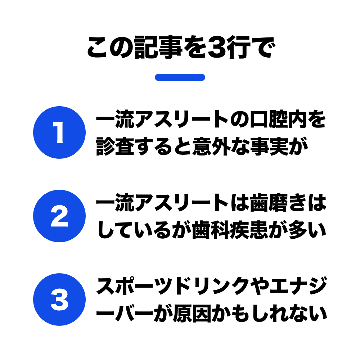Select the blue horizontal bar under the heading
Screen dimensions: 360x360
pos(180,77)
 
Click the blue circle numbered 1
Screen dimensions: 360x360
pos(59,132)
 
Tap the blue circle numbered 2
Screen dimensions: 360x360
pos(59,216)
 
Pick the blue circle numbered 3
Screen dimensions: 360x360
pos(59,300)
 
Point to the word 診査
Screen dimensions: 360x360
pos(115,147)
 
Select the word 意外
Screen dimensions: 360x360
pos(212,147)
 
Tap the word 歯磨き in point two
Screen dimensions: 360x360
pos(278,203)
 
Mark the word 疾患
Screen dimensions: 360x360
pos(249,230)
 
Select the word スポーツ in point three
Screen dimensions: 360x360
pos(134,287)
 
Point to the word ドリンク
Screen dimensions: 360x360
pos(211,287)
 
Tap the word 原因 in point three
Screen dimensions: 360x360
pos(192,314)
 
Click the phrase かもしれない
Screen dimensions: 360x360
pos(269,314)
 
